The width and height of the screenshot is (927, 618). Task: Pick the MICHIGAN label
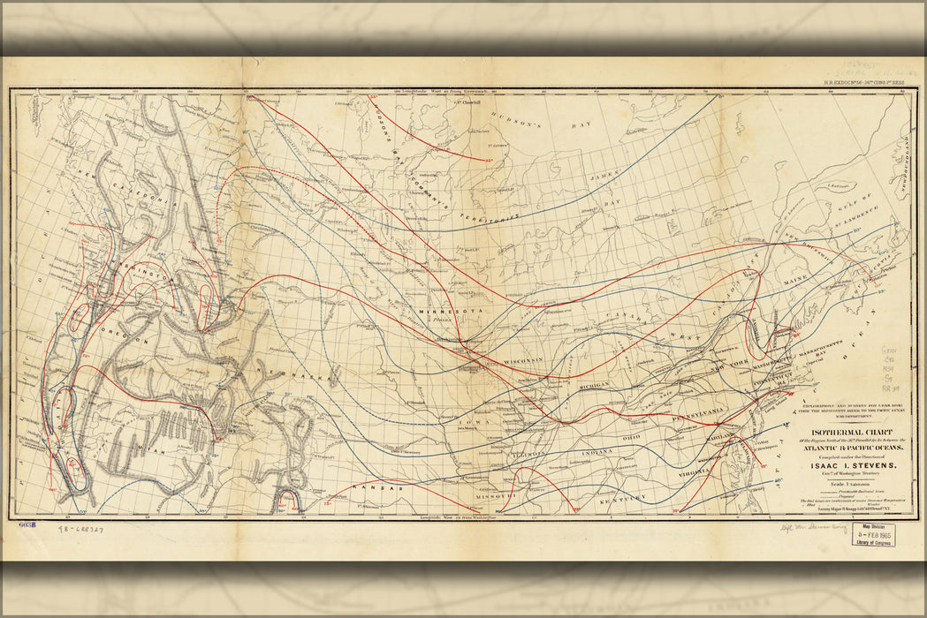pyautogui.click(x=597, y=387)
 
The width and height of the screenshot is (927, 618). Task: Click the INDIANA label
pyautogui.click(x=597, y=452)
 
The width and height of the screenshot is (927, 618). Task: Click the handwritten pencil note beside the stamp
pyautogui.click(x=806, y=533)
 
